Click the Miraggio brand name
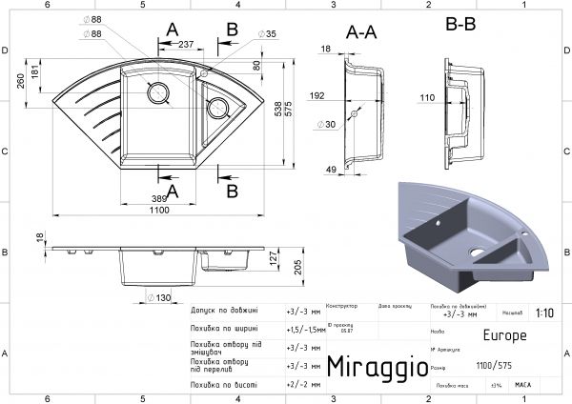[x=371, y=367]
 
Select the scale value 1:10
[x=544, y=312]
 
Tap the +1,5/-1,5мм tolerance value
[x=303, y=329]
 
